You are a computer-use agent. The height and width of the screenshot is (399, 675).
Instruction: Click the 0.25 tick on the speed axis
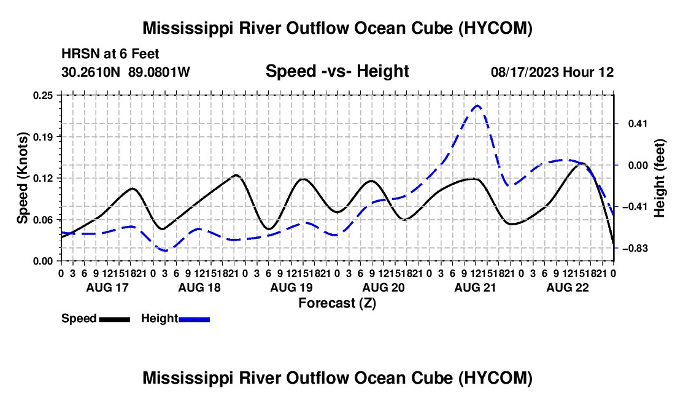pos(43,95)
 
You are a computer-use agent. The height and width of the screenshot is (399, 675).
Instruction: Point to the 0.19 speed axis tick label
pos(43,137)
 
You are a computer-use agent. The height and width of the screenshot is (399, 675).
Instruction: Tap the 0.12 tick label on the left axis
pos(43,178)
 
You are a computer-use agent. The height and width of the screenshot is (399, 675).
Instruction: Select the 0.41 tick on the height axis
pos(638,124)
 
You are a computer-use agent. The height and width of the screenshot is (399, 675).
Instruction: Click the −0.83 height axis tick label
pos(635,249)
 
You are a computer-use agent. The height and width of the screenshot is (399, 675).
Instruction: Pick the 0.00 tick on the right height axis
pos(638,165)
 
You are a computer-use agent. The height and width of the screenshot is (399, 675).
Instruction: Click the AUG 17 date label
pos(107,287)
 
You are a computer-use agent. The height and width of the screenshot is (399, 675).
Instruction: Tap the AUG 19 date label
pos(291,287)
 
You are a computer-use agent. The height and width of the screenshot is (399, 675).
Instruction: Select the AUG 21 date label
pos(475,287)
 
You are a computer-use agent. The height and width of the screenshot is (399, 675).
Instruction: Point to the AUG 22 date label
pos(568,287)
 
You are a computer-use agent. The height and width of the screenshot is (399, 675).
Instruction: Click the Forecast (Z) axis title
pos(337,303)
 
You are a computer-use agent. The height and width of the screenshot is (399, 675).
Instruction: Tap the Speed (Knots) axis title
pos(22,178)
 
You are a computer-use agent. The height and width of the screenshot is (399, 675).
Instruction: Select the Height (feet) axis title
pos(660,178)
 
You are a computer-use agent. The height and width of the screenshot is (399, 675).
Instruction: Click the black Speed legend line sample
pos(115,319)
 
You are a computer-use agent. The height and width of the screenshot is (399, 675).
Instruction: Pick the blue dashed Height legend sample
pos(194,319)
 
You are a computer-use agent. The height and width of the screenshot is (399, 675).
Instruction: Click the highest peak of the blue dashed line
pos(477,106)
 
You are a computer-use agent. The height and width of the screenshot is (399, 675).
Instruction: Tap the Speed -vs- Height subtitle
pos(337,71)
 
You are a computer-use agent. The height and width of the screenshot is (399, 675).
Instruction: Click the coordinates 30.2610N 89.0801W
pos(126,72)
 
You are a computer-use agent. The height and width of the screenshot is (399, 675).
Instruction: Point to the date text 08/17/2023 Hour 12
pos(552,72)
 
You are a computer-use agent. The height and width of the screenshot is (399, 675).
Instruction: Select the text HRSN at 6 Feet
pos(110,54)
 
